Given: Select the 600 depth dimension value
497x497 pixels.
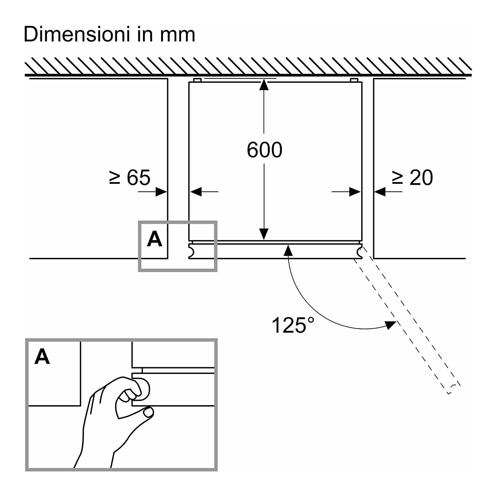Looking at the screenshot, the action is (264, 150).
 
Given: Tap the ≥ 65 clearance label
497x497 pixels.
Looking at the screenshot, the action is (130, 178).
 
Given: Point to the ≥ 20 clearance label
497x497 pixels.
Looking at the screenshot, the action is (412, 178).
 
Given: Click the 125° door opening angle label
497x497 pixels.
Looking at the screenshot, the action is (293, 325).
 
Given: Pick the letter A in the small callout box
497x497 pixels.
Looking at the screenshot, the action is (155, 239).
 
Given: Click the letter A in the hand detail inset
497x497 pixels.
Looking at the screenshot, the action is (42, 357).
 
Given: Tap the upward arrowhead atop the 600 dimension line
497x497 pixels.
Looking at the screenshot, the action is (264, 85).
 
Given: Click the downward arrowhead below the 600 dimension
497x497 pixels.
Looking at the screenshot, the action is (264, 234).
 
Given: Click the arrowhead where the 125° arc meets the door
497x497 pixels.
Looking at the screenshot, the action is (288, 250).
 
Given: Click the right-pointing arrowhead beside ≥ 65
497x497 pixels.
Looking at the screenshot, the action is (161, 192).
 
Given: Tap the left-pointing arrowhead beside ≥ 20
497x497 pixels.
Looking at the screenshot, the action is (380, 192).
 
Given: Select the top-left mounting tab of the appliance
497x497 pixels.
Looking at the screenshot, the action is (197, 80).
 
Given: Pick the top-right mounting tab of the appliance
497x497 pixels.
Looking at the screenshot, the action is (354, 80).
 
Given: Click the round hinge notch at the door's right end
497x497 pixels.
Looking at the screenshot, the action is (360, 253).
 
